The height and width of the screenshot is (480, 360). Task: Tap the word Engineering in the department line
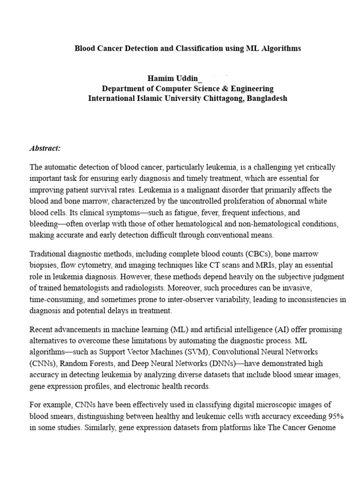point(250,89)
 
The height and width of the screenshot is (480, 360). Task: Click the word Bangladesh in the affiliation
point(267,98)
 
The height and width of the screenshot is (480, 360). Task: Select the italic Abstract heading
point(45,148)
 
